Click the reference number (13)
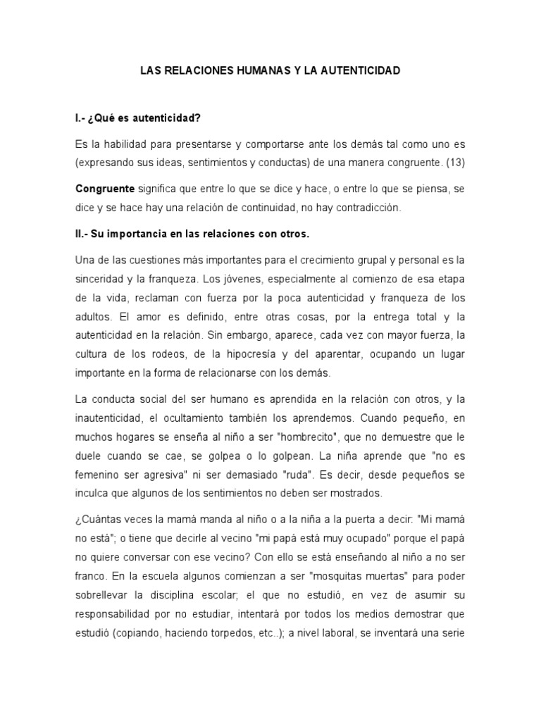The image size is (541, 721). tap(452, 162)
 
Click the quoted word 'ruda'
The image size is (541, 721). tap(318, 473)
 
